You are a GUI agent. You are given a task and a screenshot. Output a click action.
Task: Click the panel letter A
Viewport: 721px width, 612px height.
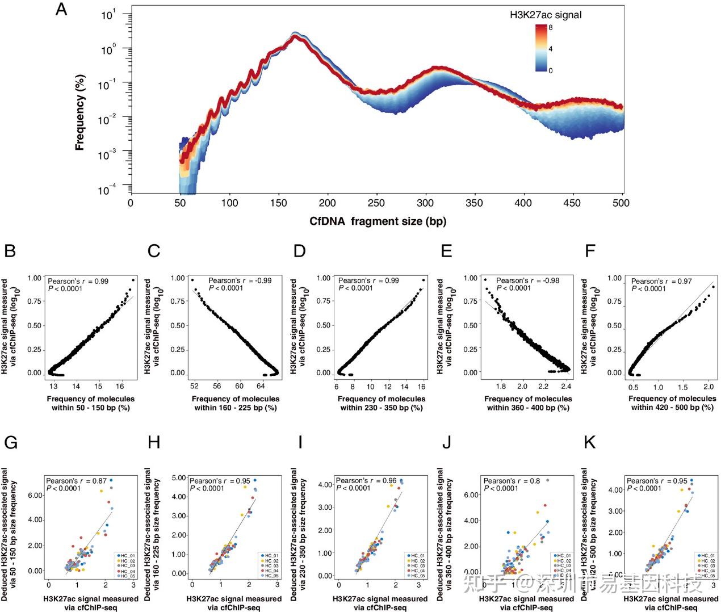(x=61, y=10)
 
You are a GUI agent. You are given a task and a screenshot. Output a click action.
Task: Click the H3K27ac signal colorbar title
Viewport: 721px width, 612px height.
(x=546, y=15)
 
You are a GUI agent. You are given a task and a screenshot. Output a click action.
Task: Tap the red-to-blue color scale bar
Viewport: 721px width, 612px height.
(x=540, y=48)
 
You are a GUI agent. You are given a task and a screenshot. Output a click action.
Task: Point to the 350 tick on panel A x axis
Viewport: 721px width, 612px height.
(x=474, y=203)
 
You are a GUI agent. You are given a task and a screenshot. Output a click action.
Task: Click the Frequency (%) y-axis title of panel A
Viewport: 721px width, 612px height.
(x=79, y=112)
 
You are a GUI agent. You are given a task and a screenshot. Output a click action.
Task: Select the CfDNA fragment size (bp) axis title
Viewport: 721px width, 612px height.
(x=378, y=221)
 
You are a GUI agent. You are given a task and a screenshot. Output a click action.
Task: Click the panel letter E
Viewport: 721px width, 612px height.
(x=446, y=250)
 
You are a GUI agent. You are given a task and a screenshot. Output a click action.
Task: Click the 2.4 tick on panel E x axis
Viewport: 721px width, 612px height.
(x=565, y=386)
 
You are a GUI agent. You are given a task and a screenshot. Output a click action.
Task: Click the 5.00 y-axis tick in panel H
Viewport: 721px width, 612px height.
(x=179, y=478)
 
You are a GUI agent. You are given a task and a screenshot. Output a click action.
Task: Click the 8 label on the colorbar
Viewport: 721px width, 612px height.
(x=551, y=27)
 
